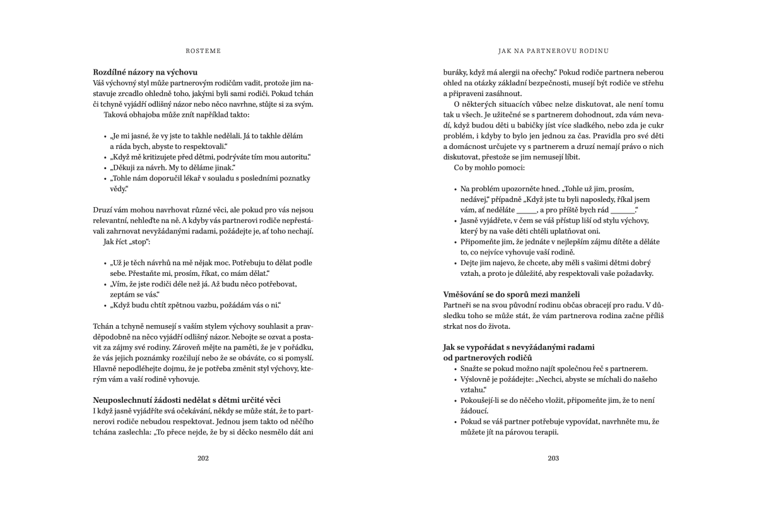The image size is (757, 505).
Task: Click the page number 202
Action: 203,458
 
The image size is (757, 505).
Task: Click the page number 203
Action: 553,458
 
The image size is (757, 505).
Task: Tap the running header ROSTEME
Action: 203,50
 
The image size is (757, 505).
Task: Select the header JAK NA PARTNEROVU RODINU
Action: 553,50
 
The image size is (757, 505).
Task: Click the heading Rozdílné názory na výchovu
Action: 146,73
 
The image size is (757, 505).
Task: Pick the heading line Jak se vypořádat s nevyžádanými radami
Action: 519,348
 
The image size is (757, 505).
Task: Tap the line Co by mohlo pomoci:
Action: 480,167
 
